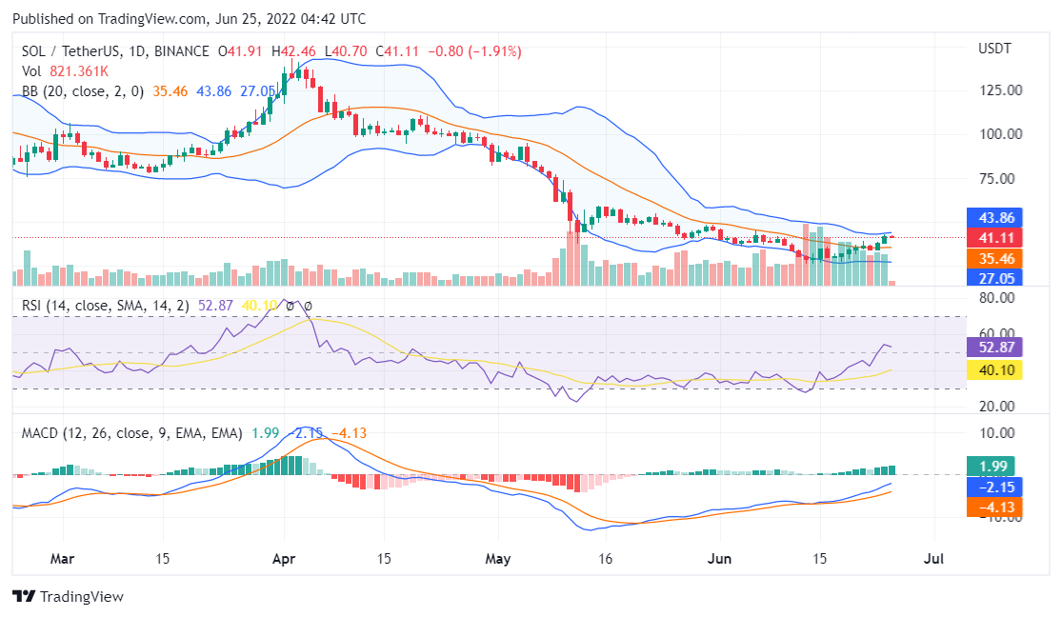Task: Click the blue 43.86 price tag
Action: tap(994, 216)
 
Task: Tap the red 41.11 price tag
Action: tap(994, 237)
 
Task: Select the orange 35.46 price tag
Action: tap(994, 258)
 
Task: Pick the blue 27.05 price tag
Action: tap(994, 278)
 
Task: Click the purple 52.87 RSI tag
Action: tap(994, 348)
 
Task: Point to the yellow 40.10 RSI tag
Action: tap(994, 368)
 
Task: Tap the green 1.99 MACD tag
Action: tap(994, 467)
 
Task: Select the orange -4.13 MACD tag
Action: tap(994, 508)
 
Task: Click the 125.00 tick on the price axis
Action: tap(1001, 90)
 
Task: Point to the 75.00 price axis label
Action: tap(1001, 178)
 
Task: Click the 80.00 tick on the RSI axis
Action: tap(1001, 297)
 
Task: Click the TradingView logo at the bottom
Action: tap(69, 597)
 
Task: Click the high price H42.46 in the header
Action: tap(294, 51)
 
